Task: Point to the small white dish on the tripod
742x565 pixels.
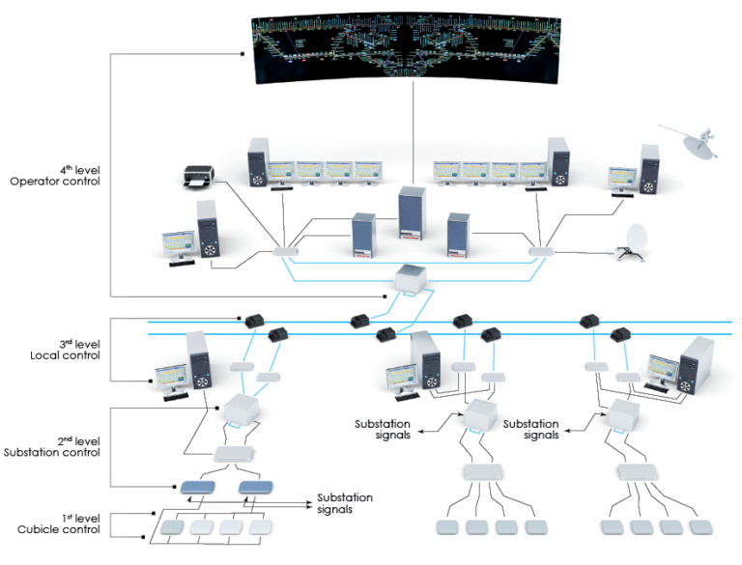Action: pyautogui.click(x=637, y=241)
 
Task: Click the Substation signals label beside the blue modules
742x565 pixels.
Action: pyautogui.click(x=344, y=503)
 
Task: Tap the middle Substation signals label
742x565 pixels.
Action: pyautogui.click(x=382, y=429)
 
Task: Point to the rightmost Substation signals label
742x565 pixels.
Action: pyautogui.click(x=530, y=429)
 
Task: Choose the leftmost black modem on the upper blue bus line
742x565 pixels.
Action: pyautogui.click(x=255, y=319)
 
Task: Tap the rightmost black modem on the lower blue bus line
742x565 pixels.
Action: pyautogui.click(x=620, y=335)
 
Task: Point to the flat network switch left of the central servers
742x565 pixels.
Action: pyautogui.click(x=287, y=251)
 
